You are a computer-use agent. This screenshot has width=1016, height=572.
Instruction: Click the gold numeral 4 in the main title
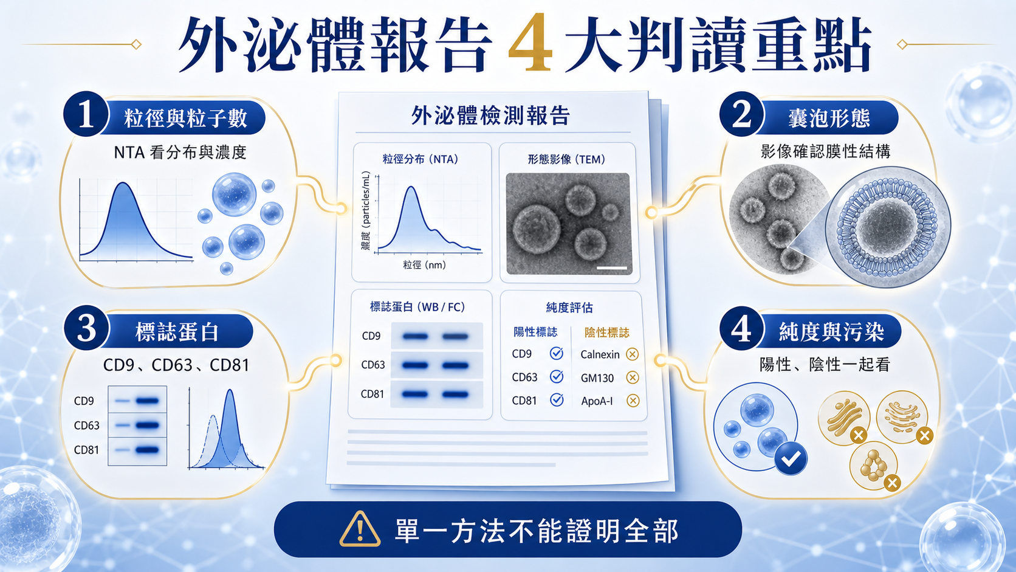click(530, 43)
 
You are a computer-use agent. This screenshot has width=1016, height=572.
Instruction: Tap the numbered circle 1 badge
click(86, 115)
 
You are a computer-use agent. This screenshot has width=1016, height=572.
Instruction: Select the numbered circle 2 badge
click(742, 115)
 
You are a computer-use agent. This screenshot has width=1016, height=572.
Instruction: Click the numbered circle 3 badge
click(86, 328)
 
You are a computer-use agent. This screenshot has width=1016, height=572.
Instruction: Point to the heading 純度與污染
click(831, 331)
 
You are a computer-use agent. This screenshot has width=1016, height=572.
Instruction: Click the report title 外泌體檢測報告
click(490, 115)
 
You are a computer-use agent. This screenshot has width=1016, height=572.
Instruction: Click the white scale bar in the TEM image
click(611, 268)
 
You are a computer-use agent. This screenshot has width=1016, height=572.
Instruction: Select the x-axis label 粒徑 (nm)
click(424, 265)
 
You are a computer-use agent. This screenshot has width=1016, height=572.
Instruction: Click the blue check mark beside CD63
click(557, 376)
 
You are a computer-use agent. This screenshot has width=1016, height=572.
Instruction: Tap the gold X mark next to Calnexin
click(632, 354)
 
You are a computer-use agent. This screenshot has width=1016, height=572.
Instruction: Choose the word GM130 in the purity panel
click(597, 378)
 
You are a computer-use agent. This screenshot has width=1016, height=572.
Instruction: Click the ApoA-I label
click(597, 401)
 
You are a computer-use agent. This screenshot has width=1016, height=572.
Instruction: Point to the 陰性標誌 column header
click(607, 333)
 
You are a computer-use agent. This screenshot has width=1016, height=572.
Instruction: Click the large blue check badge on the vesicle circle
click(791, 458)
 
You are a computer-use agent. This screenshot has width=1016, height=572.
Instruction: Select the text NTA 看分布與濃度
click(180, 153)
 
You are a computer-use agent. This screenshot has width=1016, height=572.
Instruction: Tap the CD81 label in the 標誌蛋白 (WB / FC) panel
click(372, 394)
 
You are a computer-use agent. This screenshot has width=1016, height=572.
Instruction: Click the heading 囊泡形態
click(829, 119)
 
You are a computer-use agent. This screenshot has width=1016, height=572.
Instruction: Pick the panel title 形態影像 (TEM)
click(566, 159)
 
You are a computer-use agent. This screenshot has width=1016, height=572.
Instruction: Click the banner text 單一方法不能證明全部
click(537, 530)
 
